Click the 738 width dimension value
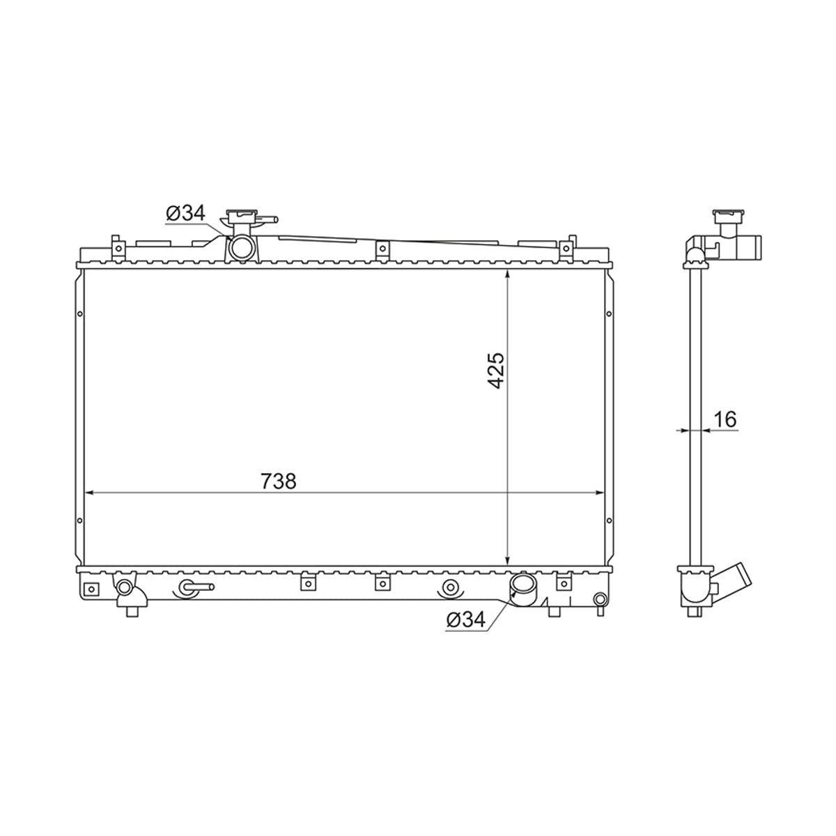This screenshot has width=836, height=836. coord(279,481)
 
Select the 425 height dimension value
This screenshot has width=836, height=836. coord(496,370)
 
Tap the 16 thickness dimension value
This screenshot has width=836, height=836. coord(725,419)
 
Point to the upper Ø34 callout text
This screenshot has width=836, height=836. coord(185,213)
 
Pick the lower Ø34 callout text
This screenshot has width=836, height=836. coord(465,621)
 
